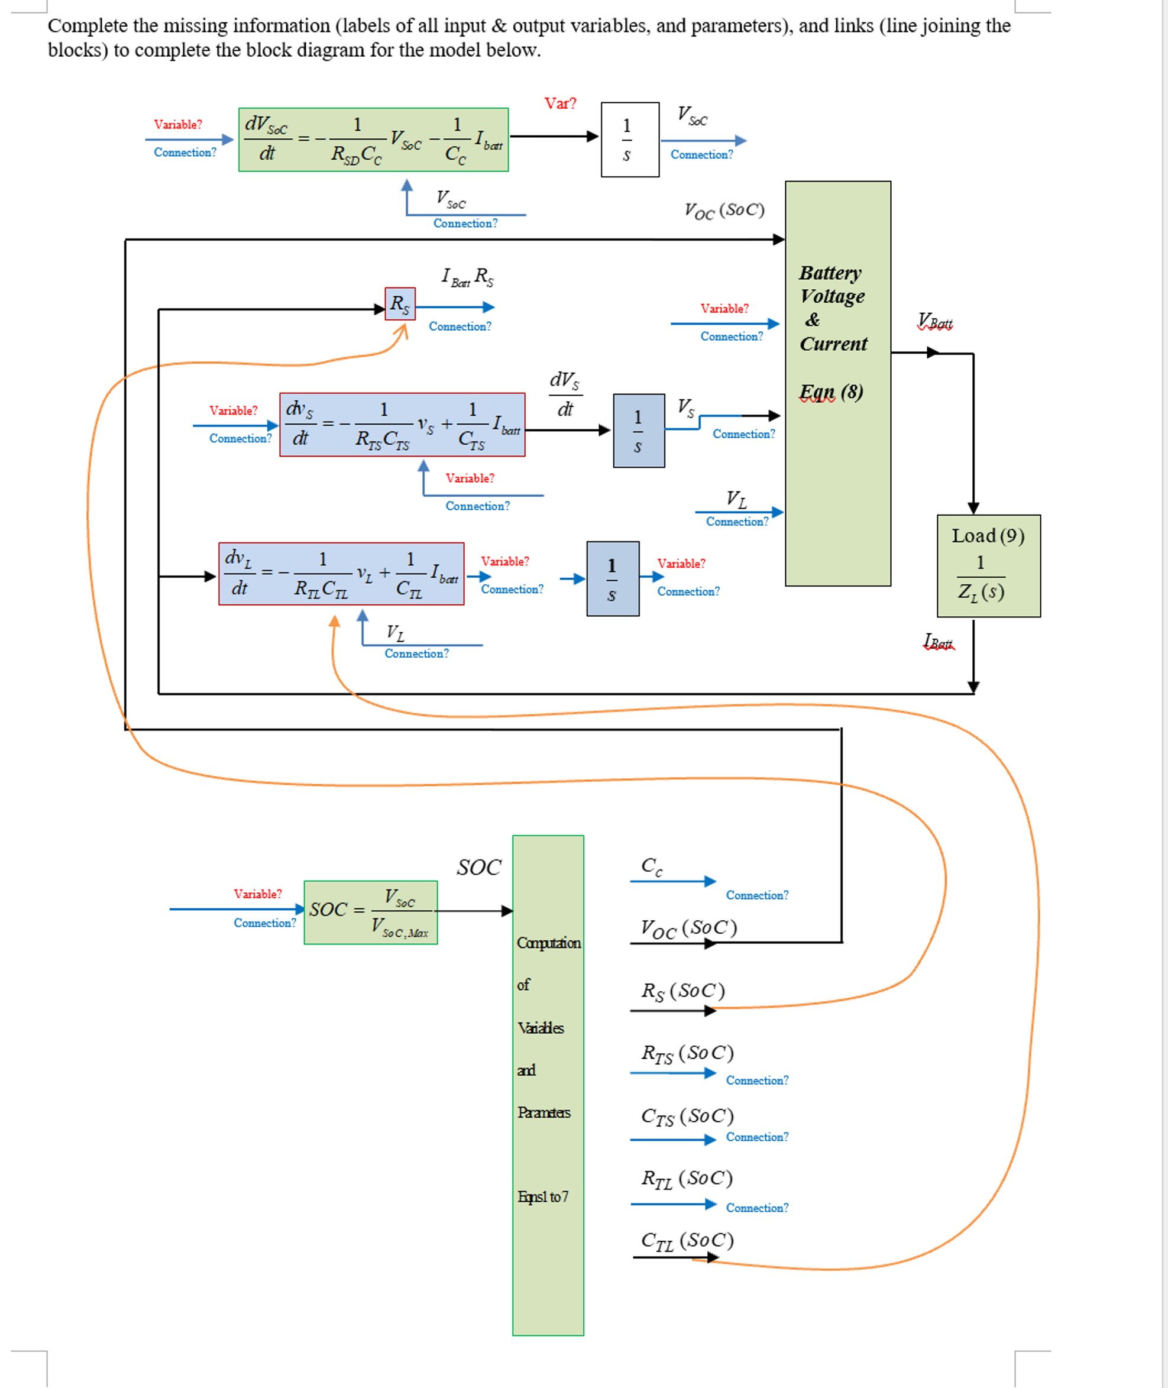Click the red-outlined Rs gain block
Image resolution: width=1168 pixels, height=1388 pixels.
[x=400, y=303]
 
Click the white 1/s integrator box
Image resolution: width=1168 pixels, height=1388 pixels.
[x=629, y=140]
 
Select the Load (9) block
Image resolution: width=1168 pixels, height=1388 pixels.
[x=988, y=565]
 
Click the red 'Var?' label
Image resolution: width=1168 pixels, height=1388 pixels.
[x=560, y=103]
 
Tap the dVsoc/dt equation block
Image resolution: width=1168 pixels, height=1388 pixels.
[x=373, y=140]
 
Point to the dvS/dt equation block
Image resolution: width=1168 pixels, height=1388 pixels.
[x=402, y=425]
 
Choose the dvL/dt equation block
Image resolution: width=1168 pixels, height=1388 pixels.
[x=341, y=574]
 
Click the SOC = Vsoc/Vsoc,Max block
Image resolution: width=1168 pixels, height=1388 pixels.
[x=370, y=912]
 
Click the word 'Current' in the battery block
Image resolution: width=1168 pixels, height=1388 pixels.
[x=833, y=344]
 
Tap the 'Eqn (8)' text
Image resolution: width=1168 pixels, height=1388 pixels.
[x=831, y=392]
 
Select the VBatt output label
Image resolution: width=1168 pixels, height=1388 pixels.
[x=934, y=322]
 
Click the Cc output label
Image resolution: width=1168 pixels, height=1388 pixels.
[x=652, y=866]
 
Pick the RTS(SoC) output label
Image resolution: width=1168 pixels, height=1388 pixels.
[x=687, y=1052]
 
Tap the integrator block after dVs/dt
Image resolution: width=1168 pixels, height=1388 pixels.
[x=638, y=431]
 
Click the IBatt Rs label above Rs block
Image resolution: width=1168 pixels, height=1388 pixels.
[x=467, y=276]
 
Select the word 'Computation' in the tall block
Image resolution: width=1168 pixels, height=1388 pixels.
[x=548, y=942]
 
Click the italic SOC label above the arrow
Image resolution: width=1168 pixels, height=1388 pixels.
[x=478, y=867]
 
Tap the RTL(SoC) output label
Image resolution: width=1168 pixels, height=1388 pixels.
[x=687, y=1178]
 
